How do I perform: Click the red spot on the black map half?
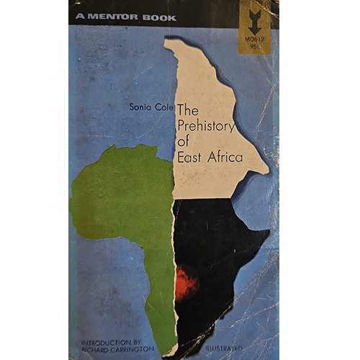[x=186, y=282]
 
